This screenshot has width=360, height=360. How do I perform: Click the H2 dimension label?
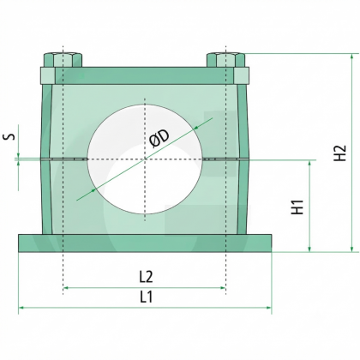click(x=340, y=153)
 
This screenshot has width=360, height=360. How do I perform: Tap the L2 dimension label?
click(x=146, y=277)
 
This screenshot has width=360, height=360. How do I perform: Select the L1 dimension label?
click(x=146, y=297)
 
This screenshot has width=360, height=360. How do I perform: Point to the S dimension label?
click(x=9, y=136)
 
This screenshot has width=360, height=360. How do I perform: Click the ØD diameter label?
click(x=159, y=138)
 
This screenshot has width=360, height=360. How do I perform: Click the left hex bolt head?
click(x=63, y=60)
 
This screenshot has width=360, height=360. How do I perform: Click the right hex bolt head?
click(x=225, y=60)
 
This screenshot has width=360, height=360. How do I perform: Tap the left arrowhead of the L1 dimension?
click(x=21, y=308)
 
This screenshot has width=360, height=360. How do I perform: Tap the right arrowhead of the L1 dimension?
click(x=269, y=308)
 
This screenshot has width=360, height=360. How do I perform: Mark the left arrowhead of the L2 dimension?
click(x=65, y=288)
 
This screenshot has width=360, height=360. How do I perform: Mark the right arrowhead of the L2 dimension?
click(x=223, y=288)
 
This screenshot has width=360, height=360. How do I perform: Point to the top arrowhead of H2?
click(x=351, y=57)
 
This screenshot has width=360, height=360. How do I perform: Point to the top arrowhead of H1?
click(x=309, y=163)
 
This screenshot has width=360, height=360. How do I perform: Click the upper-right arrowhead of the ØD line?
click(x=195, y=128)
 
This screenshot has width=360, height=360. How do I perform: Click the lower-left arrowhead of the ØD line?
click(x=93, y=190)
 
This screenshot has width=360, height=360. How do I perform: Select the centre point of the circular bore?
click(x=145, y=159)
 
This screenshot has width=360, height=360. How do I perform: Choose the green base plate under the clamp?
click(x=145, y=243)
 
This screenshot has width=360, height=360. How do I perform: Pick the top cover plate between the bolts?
click(x=145, y=75)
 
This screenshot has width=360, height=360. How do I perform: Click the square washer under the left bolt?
click(x=48, y=75)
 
